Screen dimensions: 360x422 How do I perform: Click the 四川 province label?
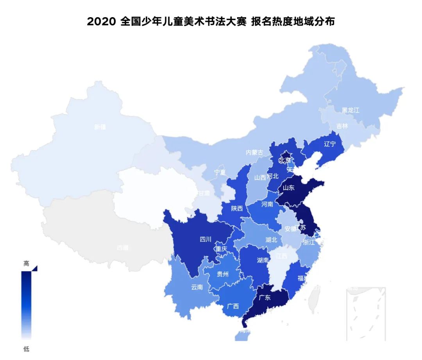coord(206,239)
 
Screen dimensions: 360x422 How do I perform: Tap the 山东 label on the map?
coord(288,187)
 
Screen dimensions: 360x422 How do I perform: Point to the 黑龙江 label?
coord(350,110)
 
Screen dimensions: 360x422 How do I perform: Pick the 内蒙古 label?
coord(254,153)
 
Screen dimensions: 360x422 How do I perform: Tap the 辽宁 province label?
coord(330,144)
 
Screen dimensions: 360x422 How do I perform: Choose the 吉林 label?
coord(342,126)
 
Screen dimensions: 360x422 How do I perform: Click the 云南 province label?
coord(197,287)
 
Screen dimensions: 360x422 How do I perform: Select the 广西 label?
coord(233,306)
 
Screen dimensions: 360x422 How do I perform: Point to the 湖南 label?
coord(263,260)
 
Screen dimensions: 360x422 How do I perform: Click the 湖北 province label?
coord(271,239)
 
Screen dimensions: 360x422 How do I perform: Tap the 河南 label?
coord(267,204)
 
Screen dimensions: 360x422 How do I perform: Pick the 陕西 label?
coord(237,209)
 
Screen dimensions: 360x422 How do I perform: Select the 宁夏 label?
coord(220,172)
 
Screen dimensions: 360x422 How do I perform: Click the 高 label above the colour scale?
coord(26,264)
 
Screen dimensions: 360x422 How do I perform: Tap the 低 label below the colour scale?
coord(26,349)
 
